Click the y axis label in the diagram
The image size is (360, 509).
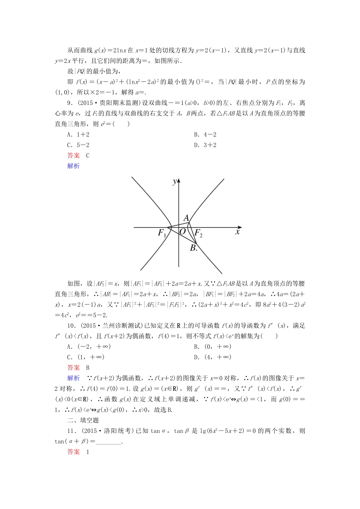[174, 182]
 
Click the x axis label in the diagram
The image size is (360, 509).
[238, 231]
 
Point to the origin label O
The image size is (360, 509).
[183, 231]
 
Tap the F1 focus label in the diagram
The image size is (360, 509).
[162, 233]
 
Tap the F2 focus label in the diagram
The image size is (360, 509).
[198, 233]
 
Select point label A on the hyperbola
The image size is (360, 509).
[186, 218]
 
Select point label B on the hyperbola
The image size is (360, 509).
[193, 248]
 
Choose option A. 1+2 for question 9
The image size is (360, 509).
[78, 134]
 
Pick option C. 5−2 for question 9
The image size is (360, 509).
[78, 145]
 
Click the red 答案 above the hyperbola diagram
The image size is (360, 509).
[74, 155]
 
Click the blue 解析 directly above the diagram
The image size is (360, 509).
[74, 166]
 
